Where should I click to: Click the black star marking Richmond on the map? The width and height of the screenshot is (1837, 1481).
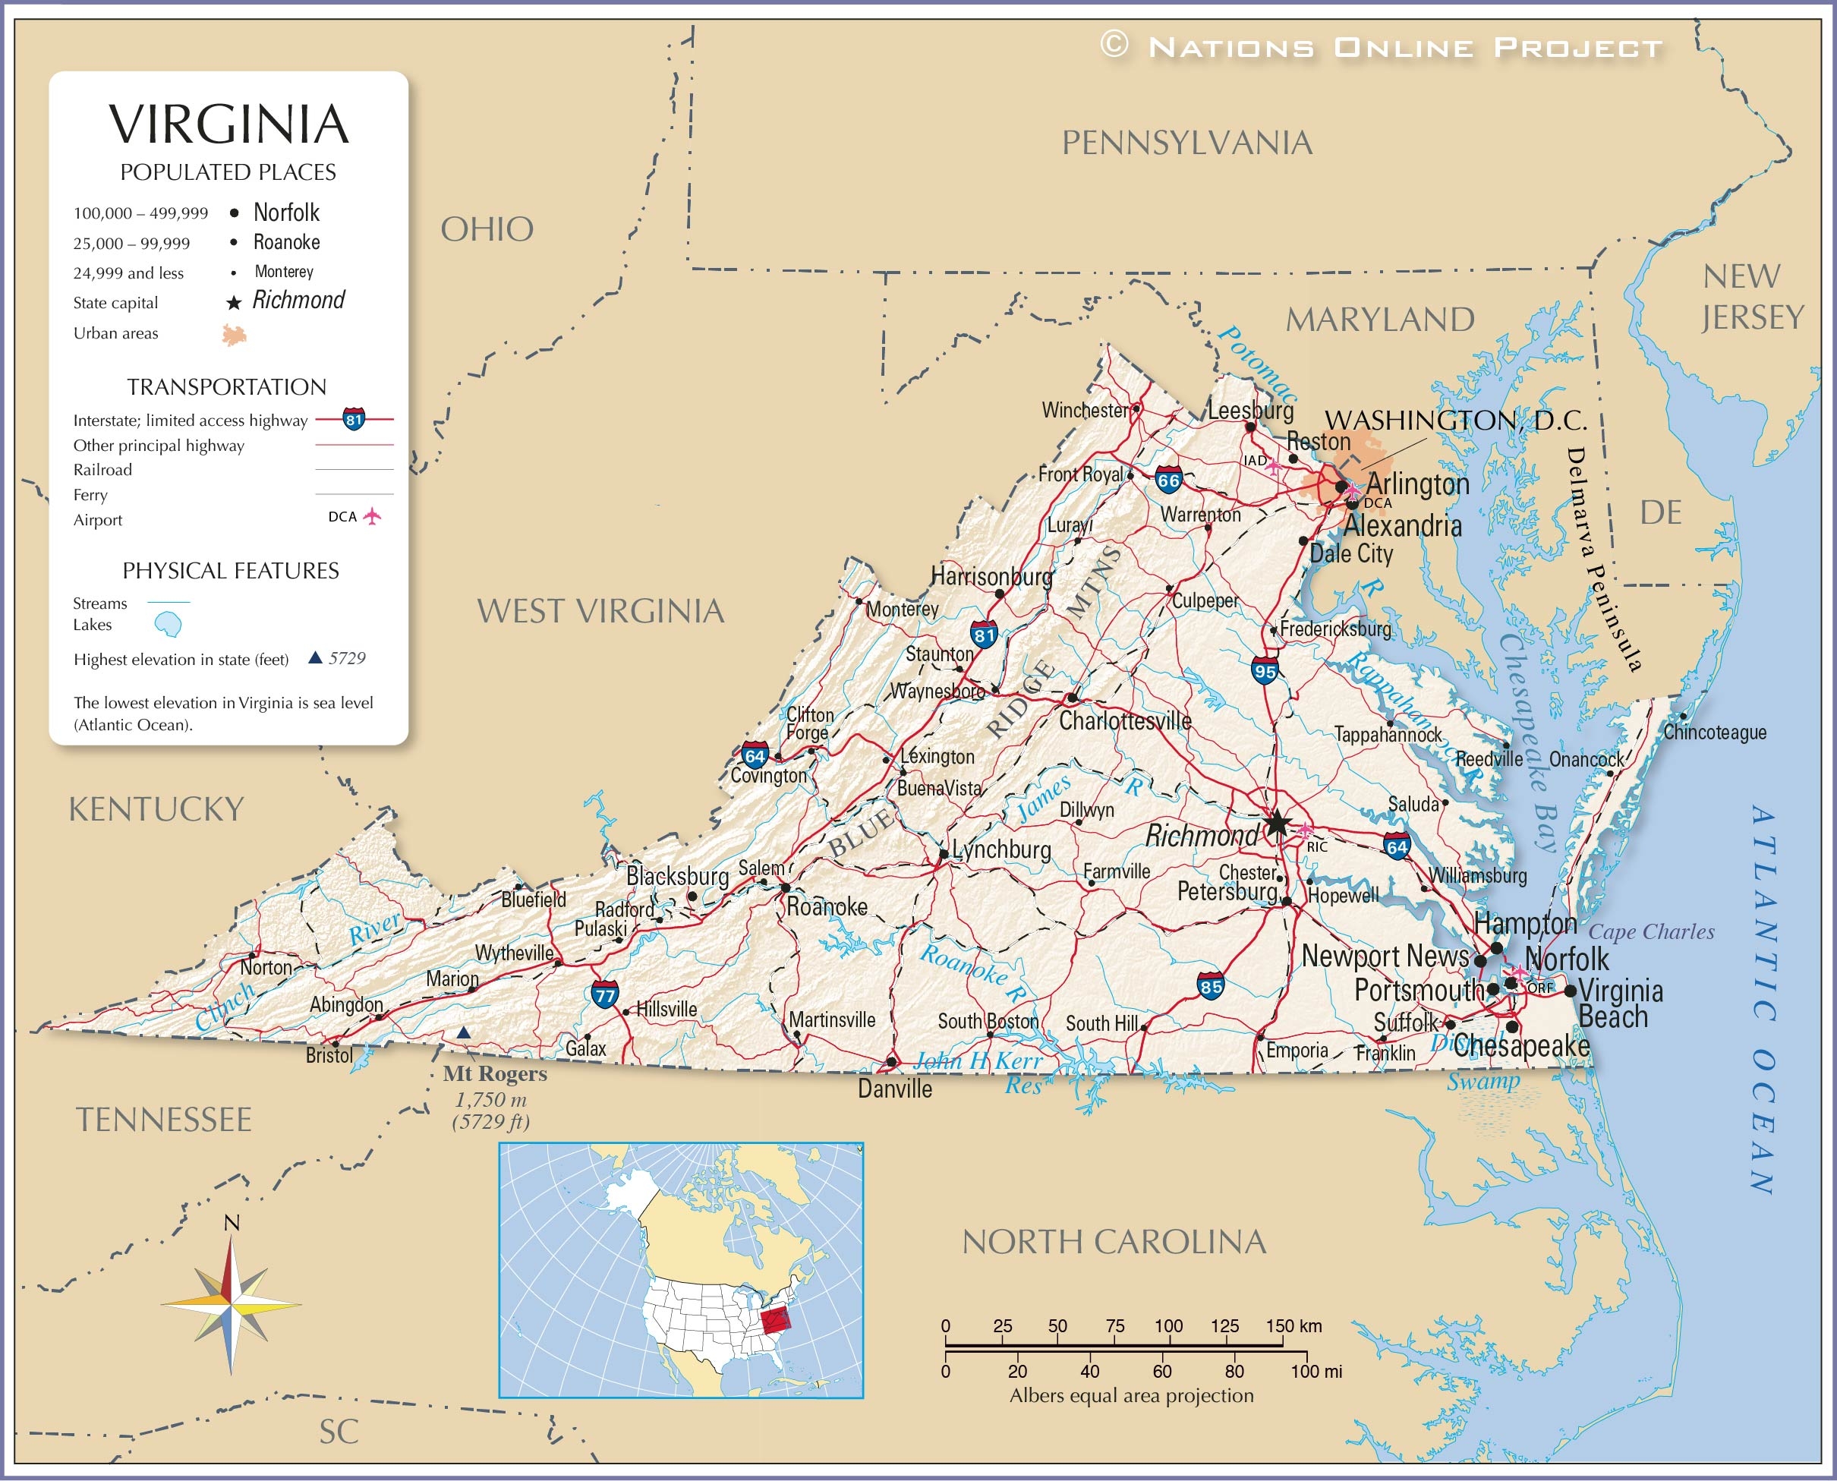[1277, 824]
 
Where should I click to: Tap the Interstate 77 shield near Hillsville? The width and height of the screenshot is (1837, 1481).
[605, 994]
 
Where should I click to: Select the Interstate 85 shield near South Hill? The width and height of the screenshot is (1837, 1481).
[1210, 986]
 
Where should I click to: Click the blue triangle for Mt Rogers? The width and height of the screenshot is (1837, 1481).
[463, 1033]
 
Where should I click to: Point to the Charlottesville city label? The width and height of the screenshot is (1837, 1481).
[1124, 722]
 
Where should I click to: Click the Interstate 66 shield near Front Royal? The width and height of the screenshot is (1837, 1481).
[1168, 481]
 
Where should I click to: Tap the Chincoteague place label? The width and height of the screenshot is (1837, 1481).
[1715, 733]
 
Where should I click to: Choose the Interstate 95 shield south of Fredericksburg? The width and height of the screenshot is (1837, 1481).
[1265, 670]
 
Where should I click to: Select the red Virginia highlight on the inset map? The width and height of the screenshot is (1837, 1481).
[776, 1322]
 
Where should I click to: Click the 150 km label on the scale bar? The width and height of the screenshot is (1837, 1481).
[1293, 1325]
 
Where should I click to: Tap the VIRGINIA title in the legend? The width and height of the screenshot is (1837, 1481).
[228, 124]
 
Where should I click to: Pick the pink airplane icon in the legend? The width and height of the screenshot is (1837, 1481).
[372, 516]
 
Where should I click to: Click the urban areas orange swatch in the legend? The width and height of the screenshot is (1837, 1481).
[234, 335]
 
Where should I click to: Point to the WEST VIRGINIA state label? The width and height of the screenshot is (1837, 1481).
[600, 612]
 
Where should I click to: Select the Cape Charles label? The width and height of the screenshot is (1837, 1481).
[1651, 931]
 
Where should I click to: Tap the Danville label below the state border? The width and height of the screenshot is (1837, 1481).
[894, 1089]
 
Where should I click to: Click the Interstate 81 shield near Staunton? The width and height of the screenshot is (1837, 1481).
[984, 635]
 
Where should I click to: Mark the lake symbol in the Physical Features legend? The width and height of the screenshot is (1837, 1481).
[168, 624]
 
